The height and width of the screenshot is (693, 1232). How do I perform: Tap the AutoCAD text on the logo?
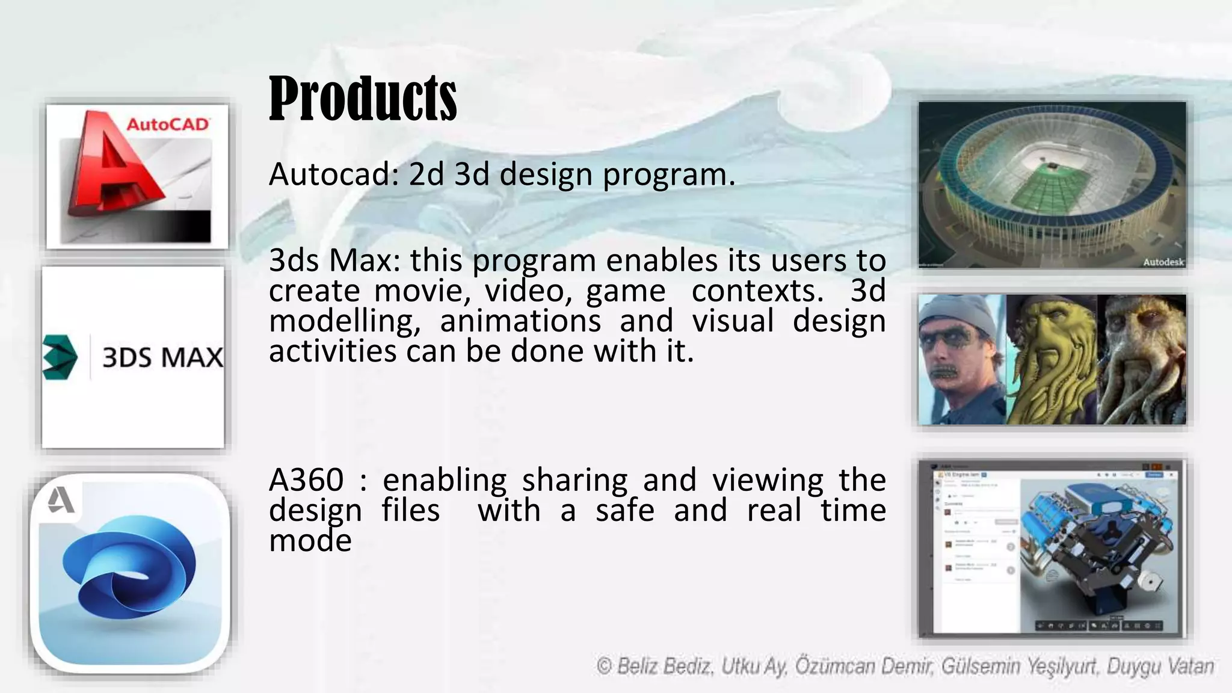pos(167,125)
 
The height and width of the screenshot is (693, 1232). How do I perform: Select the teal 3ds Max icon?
pos(60,357)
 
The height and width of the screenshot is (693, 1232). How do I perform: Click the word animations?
pos(520,321)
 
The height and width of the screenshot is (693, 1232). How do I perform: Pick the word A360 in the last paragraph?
pos(306,480)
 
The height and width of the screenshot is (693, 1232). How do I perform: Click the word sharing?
pos(574,480)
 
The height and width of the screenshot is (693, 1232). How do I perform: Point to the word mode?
pos(310,540)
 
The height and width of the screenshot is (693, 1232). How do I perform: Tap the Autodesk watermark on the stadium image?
pos(1163,262)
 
